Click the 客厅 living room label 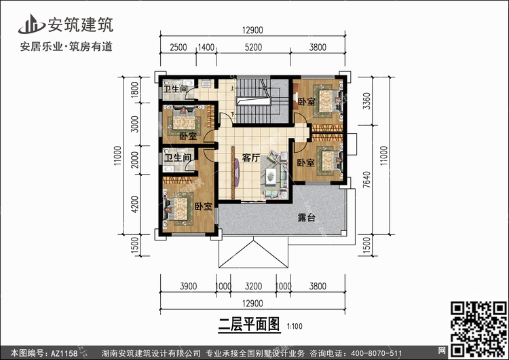[x=251, y=158]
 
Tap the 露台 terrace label [x=307, y=217]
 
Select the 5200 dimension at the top [x=253, y=48]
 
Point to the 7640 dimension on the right [x=366, y=180]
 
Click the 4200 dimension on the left [x=135, y=204]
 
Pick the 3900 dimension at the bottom [x=188, y=286]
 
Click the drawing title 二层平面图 [x=249, y=324]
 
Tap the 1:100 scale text [x=295, y=326]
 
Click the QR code [x=478, y=329]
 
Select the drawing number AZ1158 [x=64, y=353]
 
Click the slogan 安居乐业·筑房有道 [x=67, y=46]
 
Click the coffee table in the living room [x=270, y=177]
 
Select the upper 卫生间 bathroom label [x=175, y=89]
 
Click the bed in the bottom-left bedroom [x=180, y=209]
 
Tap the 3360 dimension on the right [x=366, y=101]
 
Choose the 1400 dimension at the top [x=206, y=48]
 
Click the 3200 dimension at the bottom [x=253, y=286]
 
